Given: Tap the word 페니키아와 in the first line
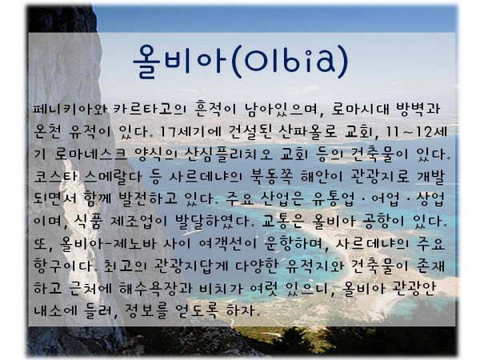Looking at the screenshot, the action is (70, 110).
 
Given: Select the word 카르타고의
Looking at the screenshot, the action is (149, 110).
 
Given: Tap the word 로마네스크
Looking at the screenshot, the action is (90, 154).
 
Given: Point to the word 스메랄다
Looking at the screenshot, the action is (113, 177).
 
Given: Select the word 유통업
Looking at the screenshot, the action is (333, 199).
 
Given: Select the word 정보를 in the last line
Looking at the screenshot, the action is (146, 310).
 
